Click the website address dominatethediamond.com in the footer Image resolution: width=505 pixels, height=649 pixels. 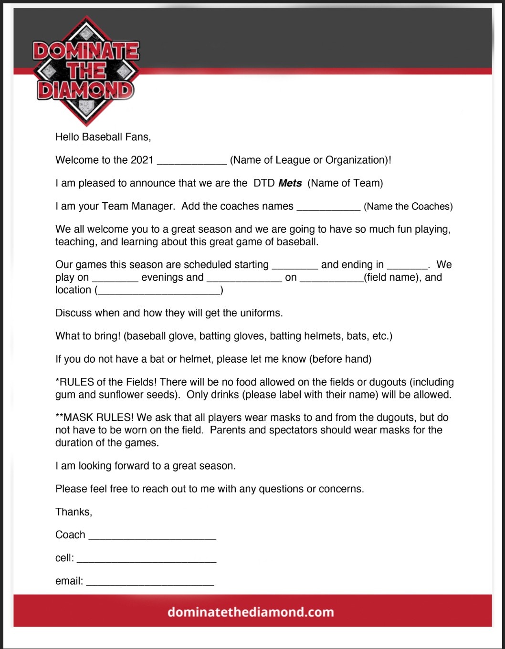click(x=251, y=612)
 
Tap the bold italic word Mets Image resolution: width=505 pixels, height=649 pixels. click(x=290, y=183)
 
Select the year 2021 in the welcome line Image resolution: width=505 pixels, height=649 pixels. click(x=142, y=160)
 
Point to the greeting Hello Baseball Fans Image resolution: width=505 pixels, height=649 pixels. click(x=103, y=137)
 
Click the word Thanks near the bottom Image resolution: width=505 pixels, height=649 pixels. click(x=74, y=512)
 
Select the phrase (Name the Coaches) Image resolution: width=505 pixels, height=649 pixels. click(x=408, y=207)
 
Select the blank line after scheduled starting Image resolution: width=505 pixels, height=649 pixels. click(x=295, y=266)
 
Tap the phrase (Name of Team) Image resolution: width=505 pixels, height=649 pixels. click(x=345, y=183)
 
